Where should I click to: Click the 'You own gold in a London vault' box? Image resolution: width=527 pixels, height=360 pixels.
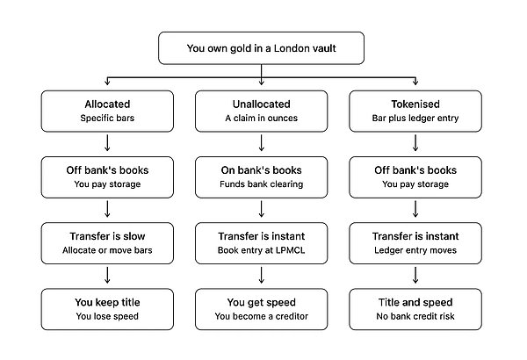click(x=261, y=48)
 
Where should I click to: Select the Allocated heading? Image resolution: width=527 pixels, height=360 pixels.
click(x=107, y=104)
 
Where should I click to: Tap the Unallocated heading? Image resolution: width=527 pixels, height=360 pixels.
click(x=261, y=104)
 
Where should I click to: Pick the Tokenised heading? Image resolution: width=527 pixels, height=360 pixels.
click(x=415, y=104)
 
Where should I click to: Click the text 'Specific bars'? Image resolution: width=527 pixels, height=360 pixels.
click(x=107, y=118)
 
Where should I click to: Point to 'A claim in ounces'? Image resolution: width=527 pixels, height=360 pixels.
click(x=261, y=118)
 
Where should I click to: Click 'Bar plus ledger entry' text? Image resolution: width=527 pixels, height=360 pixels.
click(x=415, y=118)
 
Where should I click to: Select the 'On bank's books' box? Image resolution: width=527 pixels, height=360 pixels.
click(x=261, y=177)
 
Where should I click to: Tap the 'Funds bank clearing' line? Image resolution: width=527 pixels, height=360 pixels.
click(x=261, y=184)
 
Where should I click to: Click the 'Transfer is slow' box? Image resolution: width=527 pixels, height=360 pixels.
click(x=107, y=243)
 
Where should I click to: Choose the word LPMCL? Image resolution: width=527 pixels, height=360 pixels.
click(x=292, y=250)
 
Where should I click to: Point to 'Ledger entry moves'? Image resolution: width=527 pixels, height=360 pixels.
click(x=415, y=250)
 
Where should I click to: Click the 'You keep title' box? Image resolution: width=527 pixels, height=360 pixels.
click(x=107, y=309)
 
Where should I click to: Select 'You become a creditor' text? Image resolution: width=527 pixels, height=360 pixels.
click(x=261, y=316)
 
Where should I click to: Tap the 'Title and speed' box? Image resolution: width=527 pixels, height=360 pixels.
click(x=415, y=309)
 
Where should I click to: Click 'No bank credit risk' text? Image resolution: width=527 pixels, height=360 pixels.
click(x=415, y=316)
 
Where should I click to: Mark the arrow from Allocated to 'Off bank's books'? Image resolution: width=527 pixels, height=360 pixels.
click(x=107, y=143)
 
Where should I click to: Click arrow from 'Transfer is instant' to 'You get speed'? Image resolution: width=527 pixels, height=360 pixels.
click(x=261, y=276)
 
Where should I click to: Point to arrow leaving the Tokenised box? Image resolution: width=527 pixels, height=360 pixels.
click(x=415, y=143)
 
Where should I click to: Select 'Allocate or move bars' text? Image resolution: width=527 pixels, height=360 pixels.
click(x=107, y=250)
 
